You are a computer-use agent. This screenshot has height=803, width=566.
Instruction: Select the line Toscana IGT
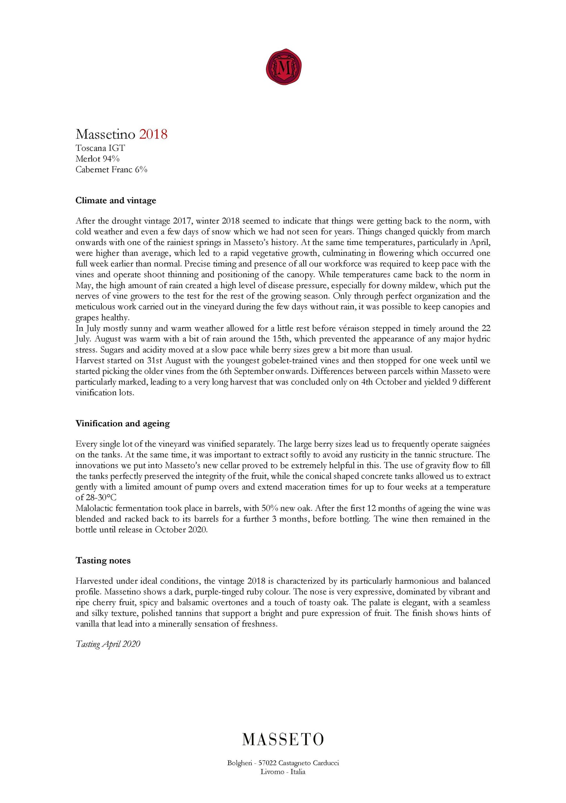pyautogui.click(x=100, y=148)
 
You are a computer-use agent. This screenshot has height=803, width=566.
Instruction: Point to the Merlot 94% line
pyautogui.click(x=98, y=159)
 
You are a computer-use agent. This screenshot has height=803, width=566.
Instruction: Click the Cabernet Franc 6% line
pyautogui.click(x=111, y=169)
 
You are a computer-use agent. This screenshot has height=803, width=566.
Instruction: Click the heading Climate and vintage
pyautogui.click(x=116, y=200)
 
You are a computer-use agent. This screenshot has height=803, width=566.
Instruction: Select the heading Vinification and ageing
pyautogui.click(x=123, y=423)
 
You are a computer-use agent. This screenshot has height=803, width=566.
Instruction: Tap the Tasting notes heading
pyautogui.click(x=103, y=560)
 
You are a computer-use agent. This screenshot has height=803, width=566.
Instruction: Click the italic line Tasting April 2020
pyautogui.click(x=108, y=644)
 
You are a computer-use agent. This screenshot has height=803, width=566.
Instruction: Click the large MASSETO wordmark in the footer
pyautogui.click(x=283, y=739)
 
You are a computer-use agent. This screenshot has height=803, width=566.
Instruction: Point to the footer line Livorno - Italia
pyautogui.click(x=283, y=772)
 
